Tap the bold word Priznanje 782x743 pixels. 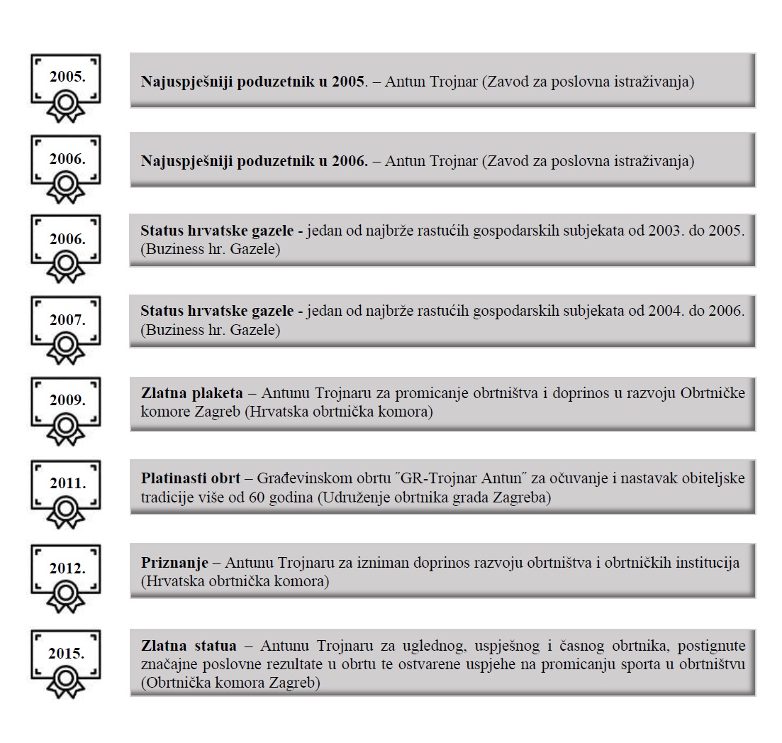coord(174,563)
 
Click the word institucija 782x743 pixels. coord(706,563)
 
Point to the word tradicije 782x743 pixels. coord(166,497)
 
